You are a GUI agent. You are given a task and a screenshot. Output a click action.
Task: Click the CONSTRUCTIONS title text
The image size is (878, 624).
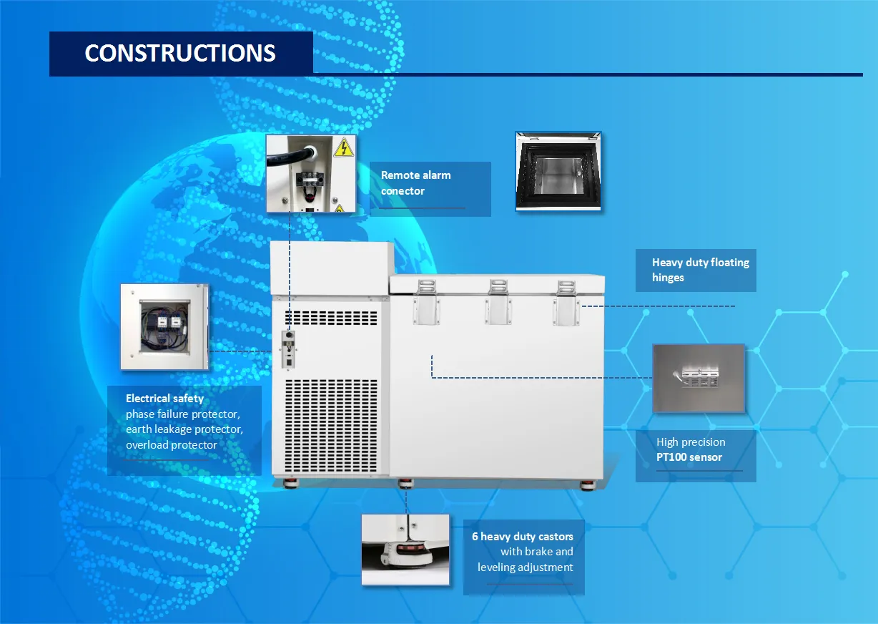tap(180, 53)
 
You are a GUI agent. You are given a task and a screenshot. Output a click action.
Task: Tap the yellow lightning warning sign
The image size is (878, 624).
tap(344, 147)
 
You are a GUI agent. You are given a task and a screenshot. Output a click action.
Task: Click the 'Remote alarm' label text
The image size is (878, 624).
tap(416, 175)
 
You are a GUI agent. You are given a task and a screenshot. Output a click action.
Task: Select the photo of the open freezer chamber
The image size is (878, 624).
tap(558, 172)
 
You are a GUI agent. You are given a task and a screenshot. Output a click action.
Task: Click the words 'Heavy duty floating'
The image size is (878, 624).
tap(701, 263)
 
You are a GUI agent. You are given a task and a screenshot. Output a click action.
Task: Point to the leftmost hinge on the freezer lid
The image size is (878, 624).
tap(426, 302)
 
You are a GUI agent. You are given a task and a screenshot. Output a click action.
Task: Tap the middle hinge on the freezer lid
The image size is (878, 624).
tap(498, 302)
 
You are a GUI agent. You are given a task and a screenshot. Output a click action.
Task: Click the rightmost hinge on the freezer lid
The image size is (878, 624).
tap(566, 303)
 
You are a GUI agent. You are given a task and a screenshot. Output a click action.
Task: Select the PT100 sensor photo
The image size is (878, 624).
tap(699, 379)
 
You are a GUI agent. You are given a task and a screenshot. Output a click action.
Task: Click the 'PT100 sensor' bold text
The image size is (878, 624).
tap(689, 457)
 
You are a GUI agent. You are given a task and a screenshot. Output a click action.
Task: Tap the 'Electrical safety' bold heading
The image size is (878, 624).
tap(164, 399)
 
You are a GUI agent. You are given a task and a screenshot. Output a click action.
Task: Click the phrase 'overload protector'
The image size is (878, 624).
tap(172, 445)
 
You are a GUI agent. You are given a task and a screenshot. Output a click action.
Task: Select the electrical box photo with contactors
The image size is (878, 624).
tap(164, 327)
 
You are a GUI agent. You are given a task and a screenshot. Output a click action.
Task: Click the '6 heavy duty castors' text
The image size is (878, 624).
tap(523, 536)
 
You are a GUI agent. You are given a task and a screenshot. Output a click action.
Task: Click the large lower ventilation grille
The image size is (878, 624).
tap(331, 426)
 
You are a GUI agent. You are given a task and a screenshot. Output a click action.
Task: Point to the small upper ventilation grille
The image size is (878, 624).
tap(331, 318)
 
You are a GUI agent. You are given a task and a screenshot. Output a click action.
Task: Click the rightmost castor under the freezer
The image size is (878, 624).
tap(588, 484)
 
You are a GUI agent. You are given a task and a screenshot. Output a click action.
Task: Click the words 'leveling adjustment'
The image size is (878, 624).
tap(526, 567)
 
